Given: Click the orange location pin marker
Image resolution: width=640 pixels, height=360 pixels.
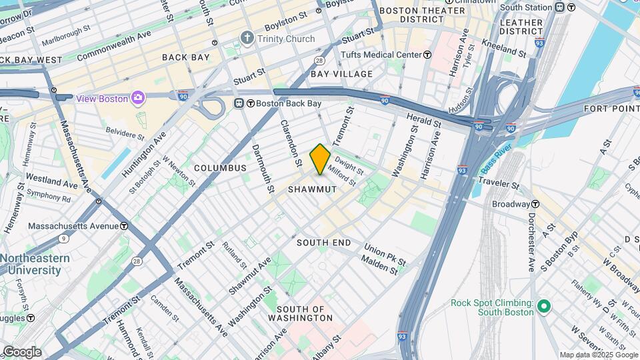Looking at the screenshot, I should pos(320,159).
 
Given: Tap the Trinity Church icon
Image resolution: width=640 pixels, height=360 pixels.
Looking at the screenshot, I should pos(248,39).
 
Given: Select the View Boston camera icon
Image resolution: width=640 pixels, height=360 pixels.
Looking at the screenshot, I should pos(138,98).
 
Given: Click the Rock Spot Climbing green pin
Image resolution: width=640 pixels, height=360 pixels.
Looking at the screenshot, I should pos(544,307).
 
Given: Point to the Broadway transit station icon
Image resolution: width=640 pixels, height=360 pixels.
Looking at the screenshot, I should pos(535,204).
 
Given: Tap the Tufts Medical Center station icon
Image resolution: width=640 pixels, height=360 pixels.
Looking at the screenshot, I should pos(427,55).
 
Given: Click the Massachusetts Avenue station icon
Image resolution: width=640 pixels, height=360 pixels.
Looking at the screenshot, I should pos(124,226).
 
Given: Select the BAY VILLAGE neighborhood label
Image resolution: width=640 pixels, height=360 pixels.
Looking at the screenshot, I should pos(341,73).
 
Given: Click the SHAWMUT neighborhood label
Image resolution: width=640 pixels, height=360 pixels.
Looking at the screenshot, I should pos(311,190).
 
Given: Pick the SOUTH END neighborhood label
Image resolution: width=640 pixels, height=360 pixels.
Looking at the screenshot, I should pos(323,243).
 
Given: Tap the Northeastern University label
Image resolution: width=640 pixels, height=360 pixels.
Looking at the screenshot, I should pos(35,264).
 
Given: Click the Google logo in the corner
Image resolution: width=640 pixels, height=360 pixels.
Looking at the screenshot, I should pos(21,352).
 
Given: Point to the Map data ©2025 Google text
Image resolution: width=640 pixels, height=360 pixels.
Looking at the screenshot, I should pos(598,355).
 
